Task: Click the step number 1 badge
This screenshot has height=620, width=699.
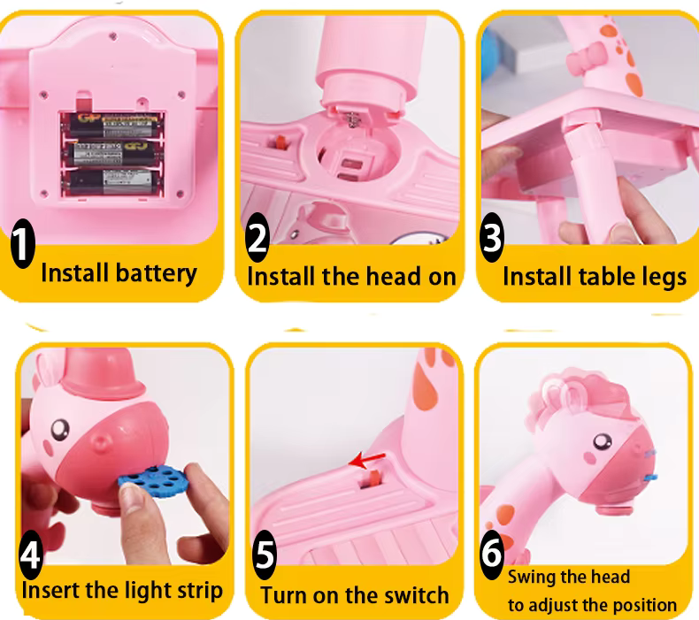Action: [22, 243]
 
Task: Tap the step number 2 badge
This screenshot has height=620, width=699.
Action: [257, 237]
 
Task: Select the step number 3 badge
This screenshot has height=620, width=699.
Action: [492, 237]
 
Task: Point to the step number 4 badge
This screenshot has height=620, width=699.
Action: [31, 555]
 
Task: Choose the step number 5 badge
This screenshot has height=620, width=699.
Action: [265, 555]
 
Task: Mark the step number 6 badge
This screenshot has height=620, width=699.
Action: [492, 553]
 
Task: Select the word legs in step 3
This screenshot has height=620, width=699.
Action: [664, 278]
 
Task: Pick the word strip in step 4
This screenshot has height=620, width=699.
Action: [200, 592]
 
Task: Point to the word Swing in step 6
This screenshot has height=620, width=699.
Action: [530, 578]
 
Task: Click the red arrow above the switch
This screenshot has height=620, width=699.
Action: [367, 460]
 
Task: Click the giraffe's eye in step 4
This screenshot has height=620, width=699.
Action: [60, 430]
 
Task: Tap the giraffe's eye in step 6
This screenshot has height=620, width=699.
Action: [603, 441]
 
